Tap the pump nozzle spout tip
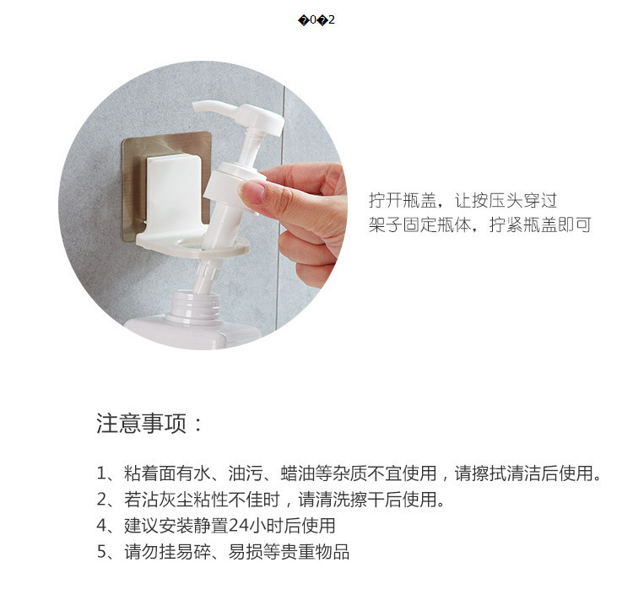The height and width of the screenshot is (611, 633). pyautogui.click(x=197, y=107)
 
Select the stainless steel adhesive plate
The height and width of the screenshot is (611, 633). pyautogui.click(x=135, y=177)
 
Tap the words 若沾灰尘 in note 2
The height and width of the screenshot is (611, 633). pyautogui.click(x=153, y=500)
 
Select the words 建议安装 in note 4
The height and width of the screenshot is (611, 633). pyautogui.click(x=153, y=526)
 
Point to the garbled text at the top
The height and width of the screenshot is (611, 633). pyautogui.click(x=316, y=19)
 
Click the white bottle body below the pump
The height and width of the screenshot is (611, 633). pyautogui.click(x=186, y=333)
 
